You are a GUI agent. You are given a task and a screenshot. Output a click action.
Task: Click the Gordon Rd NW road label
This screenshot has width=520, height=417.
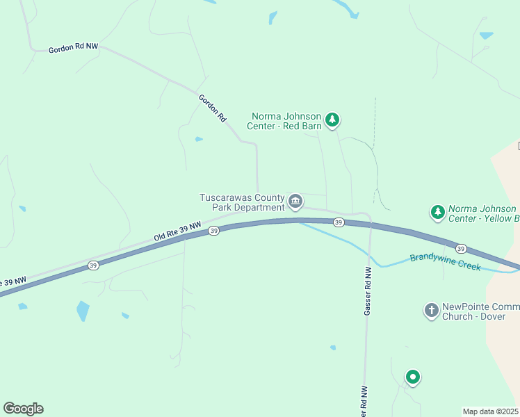pos(73,49)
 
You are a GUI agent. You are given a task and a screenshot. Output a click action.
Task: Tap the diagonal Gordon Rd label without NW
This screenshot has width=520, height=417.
pos(213,108)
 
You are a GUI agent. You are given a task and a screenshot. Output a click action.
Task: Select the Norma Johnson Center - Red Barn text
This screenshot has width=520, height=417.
pos(286,122)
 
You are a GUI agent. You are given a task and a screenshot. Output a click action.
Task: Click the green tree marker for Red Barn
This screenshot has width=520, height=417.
pos(333,120)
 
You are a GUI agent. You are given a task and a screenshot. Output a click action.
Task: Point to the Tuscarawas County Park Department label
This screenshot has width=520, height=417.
pos(242,202)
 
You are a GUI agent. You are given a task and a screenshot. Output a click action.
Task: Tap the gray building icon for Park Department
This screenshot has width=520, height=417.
pos(295,202)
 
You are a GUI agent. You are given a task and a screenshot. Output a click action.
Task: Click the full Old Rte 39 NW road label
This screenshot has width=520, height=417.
pos(177,232)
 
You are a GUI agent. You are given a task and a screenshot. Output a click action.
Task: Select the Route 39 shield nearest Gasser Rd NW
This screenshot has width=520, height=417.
pos(338,222)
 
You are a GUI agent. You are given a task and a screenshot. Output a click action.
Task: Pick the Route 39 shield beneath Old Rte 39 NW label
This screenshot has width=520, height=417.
pos(214,231)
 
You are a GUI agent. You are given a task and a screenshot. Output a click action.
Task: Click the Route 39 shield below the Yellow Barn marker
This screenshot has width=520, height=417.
pos(461,248)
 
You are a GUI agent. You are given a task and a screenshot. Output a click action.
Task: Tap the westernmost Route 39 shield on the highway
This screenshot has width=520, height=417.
pos(93,265)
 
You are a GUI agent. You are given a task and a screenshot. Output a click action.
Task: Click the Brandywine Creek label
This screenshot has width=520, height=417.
pos(445,262)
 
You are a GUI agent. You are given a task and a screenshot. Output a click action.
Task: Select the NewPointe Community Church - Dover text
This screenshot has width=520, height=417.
pos(480,310)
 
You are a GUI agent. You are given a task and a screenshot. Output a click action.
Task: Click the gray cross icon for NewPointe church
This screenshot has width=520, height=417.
pos(431,310)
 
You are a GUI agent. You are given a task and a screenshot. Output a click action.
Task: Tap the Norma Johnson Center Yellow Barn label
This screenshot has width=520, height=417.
pos(482,213)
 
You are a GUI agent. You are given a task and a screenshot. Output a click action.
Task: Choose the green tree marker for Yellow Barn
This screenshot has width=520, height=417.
pos(437,211)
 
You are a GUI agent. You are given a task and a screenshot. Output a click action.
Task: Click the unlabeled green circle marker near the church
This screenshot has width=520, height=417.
pos(413,377)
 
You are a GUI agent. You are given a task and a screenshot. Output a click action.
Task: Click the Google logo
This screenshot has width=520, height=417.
pos(23,409)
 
